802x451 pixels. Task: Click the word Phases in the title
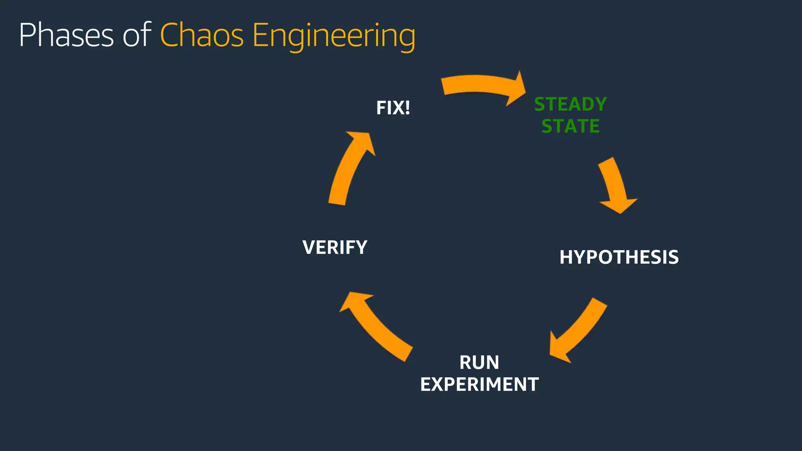coord(66,35)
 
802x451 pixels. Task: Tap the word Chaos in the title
coord(202,35)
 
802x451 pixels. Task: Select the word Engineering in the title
coord(334,36)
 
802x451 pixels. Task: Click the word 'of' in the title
coord(137,35)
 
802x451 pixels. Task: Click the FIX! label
coord(393,108)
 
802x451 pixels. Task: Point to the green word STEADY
coord(570,105)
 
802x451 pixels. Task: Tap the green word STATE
coord(570,126)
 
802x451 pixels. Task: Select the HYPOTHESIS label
coord(619,258)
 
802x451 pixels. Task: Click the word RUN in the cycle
coord(479,363)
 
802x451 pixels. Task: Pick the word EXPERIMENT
coord(479,384)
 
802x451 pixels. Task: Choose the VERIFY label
coord(335,247)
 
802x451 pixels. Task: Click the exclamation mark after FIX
coord(407,108)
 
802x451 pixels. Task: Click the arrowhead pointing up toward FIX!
coord(362,141)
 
